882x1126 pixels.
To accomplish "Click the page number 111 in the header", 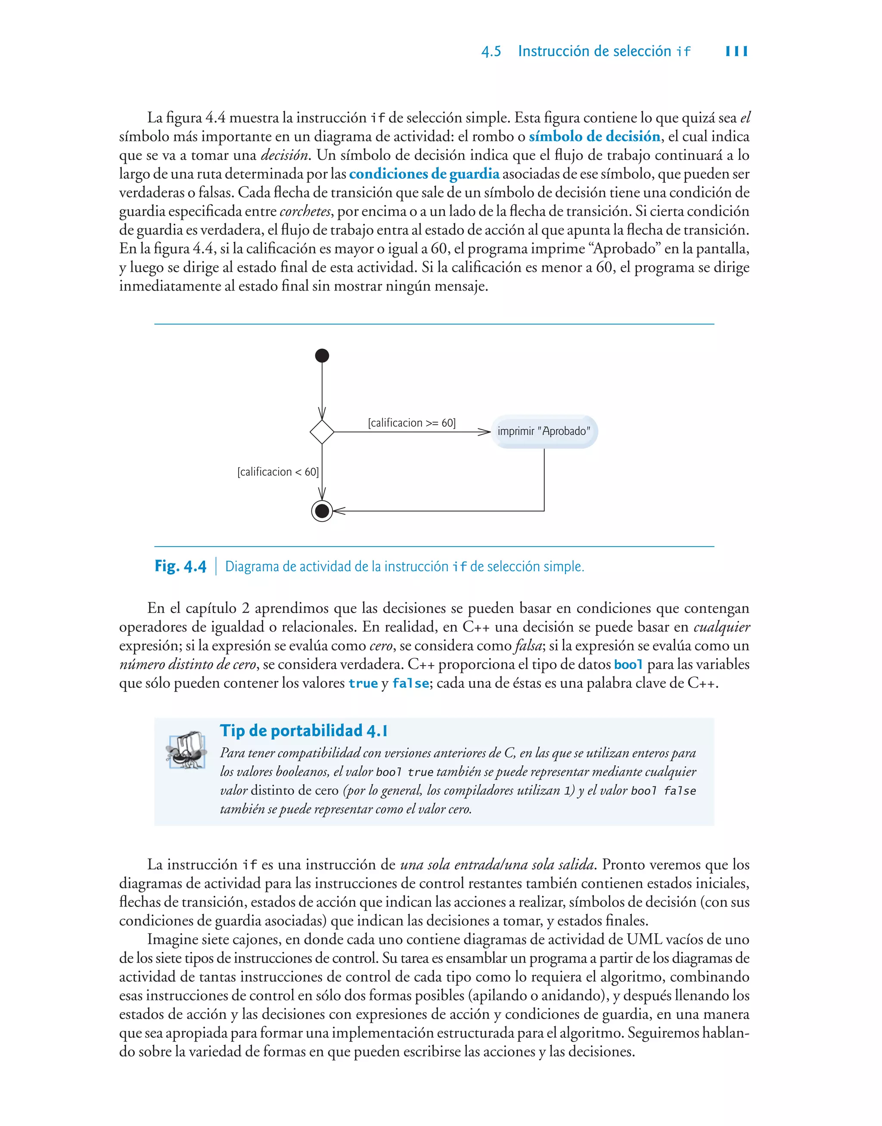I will click(736, 51).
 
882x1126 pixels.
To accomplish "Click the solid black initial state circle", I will click(322, 356).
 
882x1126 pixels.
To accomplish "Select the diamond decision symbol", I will click(322, 432).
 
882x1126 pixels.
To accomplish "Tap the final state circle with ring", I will click(322, 511).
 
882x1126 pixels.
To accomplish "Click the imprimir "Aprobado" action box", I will click(544, 432).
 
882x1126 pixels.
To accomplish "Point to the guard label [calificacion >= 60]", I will click(412, 423).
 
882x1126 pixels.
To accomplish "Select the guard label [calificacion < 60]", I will click(278, 472).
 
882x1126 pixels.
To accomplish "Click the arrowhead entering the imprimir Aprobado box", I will click(484, 432).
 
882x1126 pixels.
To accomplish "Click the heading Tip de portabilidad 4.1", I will click(304, 731).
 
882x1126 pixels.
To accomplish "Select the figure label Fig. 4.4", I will click(180, 566).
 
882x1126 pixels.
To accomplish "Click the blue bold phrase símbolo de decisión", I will click(594, 136).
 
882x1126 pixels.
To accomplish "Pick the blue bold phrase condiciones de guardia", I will click(424, 174).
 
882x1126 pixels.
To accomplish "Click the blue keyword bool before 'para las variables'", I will click(628, 665).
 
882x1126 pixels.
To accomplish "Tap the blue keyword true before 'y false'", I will click(363, 684).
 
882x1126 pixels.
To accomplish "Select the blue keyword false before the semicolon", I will click(410, 684).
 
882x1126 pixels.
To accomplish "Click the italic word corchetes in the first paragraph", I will click(304, 211).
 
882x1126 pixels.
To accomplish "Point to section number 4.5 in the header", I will click(491, 51).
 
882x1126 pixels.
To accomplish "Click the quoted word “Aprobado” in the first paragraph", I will click(624, 249).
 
